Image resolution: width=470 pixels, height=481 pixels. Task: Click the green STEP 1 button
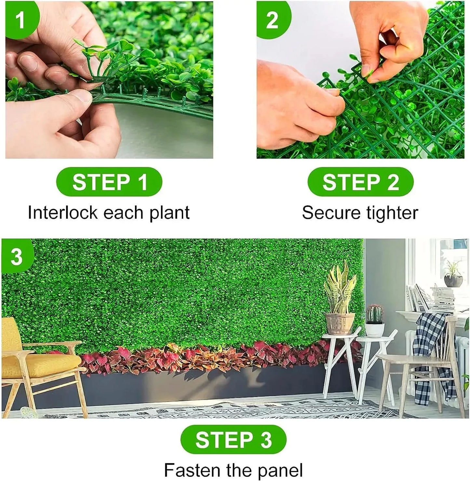pyautogui.click(x=109, y=182)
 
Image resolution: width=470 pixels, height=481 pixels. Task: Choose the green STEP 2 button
pyautogui.click(x=360, y=182)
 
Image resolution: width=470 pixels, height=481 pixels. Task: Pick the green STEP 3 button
pyautogui.click(x=233, y=439)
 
